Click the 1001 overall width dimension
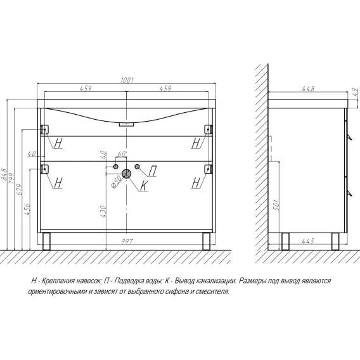click(127, 80)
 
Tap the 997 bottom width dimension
click(127, 241)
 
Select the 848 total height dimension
click(4, 174)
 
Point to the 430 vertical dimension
click(103, 212)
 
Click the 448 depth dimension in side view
click(308, 89)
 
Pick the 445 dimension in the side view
click(308, 241)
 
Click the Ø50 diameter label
click(117, 182)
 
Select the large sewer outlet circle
click(126, 174)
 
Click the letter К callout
click(144, 186)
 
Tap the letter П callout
click(153, 171)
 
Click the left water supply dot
click(116, 167)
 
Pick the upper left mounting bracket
click(44, 129)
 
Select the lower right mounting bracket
click(209, 169)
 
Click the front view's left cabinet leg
click(46, 241)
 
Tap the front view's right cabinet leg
click(206, 241)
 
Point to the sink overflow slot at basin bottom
click(126, 124)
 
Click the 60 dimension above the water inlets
click(122, 154)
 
